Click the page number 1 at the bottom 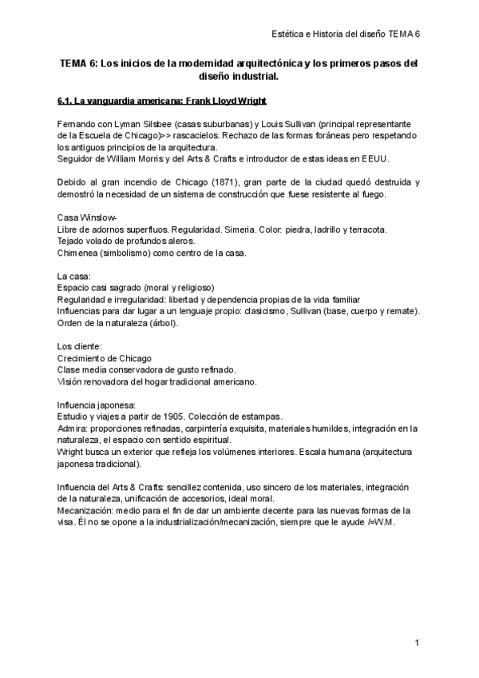[x=418, y=643]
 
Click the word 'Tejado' [x=72, y=241]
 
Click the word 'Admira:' [x=74, y=429]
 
